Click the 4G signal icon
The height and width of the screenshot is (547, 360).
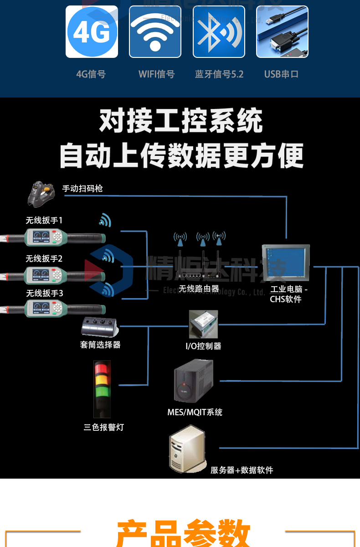point(92,32)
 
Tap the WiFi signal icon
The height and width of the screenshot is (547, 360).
point(155,32)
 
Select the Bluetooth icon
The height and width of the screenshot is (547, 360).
point(219,32)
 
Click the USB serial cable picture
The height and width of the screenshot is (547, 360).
point(282,32)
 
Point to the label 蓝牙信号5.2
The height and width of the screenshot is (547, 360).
point(219,74)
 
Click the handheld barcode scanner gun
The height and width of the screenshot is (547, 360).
point(41,193)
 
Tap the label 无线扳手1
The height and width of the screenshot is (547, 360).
point(44,221)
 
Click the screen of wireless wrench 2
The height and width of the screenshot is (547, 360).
point(40,275)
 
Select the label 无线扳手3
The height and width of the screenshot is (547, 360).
point(44,293)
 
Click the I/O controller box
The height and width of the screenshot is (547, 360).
point(203,324)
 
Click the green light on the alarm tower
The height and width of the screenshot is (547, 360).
point(102,392)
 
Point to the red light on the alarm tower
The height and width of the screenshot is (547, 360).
point(102,368)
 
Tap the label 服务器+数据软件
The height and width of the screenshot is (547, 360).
point(242,470)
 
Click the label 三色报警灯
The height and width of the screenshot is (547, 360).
point(103,427)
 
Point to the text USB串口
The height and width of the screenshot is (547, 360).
point(281,74)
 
